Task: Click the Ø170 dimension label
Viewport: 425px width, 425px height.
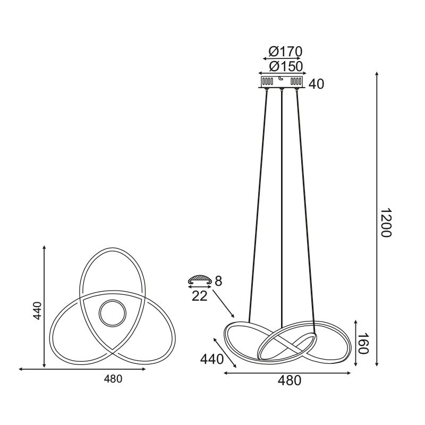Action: [285, 52]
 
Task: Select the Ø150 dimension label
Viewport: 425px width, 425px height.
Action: [286, 66]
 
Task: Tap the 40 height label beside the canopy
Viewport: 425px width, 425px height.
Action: [316, 84]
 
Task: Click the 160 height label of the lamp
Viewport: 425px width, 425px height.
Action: [363, 343]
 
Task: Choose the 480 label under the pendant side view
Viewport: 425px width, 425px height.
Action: [289, 381]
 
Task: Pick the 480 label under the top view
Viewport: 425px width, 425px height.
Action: [113, 379]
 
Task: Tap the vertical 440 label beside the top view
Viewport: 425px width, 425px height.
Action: [37, 311]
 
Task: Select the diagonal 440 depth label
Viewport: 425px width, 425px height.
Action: [211, 360]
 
